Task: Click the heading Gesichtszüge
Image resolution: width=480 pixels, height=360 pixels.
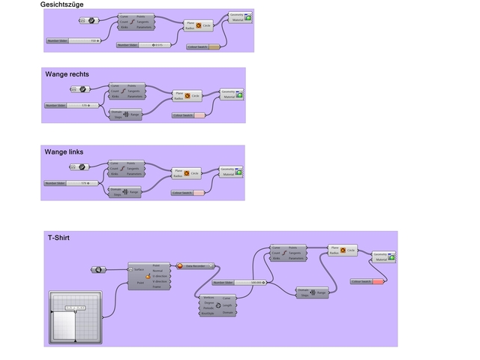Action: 61,4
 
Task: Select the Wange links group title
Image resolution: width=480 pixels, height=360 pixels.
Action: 64,151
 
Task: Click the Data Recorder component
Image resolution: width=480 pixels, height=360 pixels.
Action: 196,265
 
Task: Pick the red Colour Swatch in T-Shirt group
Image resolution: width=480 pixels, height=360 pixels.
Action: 367,281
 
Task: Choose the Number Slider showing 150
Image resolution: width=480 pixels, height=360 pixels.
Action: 72,40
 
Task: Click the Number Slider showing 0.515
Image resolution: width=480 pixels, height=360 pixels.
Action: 142,45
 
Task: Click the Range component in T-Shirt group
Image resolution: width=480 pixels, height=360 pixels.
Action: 312,292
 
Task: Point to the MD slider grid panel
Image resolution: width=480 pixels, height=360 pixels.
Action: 75,316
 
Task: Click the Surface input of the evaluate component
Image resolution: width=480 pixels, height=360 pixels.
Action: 138,268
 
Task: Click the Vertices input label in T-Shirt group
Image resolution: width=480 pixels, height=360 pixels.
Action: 209,298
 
